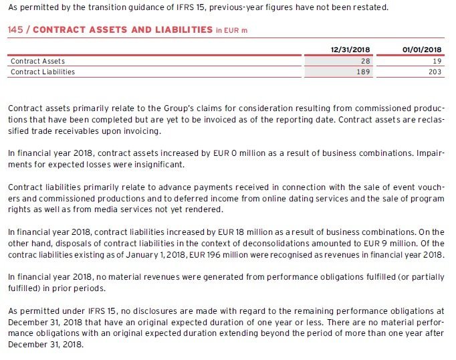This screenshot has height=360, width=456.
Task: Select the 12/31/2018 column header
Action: [x=351, y=50]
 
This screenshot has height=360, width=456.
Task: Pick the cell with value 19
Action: [x=437, y=61]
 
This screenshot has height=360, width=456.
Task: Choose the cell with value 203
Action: [x=435, y=72]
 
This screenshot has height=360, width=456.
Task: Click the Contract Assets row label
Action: [x=37, y=61]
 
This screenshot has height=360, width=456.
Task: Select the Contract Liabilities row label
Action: [x=43, y=72]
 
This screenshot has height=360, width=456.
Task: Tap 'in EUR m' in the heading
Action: [x=231, y=31]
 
